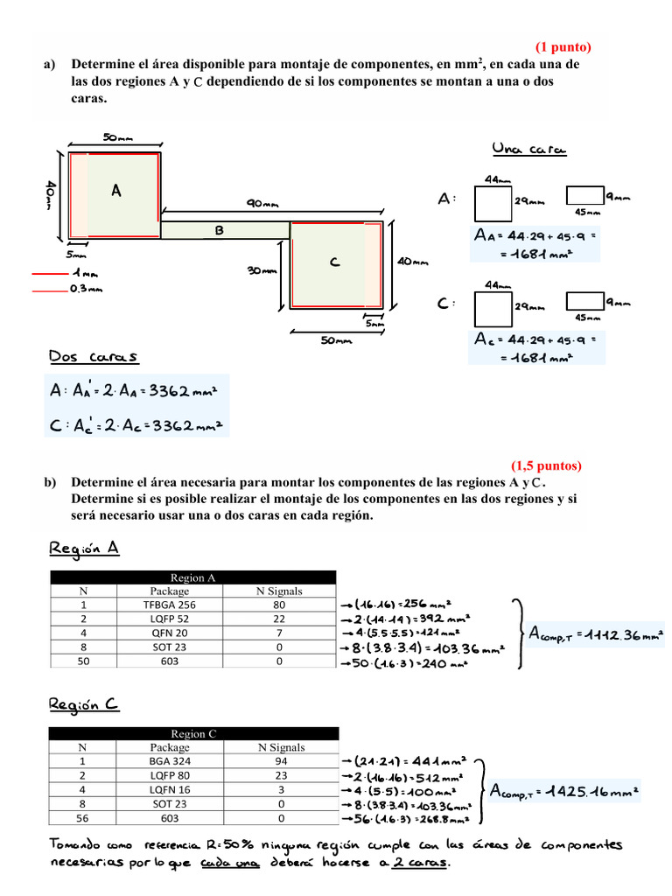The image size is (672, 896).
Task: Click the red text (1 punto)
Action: pyautogui.click(x=563, y=47)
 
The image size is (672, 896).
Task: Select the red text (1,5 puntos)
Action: pyautogui.click(x=546, y=465)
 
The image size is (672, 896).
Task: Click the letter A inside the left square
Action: pyautogui.click(x=115, y=191)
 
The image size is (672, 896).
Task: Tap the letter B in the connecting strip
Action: pyautogui.click(x=220, y=230)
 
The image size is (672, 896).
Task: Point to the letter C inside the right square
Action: pyautogui.click(x=334, y=262)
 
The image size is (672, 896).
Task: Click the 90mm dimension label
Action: pyautogui.click(x=262, y=203)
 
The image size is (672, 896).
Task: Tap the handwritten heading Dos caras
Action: pyautogui.click(x=94, y=357)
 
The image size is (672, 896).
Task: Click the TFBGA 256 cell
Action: pyautogui.click(x=170, y=605)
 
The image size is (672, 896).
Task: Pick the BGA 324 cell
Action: pyautogui.click(x=169, y=761)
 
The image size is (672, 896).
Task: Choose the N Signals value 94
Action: pyautogui.click(x=281, y=761)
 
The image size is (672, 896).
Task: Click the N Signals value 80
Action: pyautogui.click(x=279, y=605)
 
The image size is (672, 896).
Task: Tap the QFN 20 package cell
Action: pyautogui.click(x=170, y=633)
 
